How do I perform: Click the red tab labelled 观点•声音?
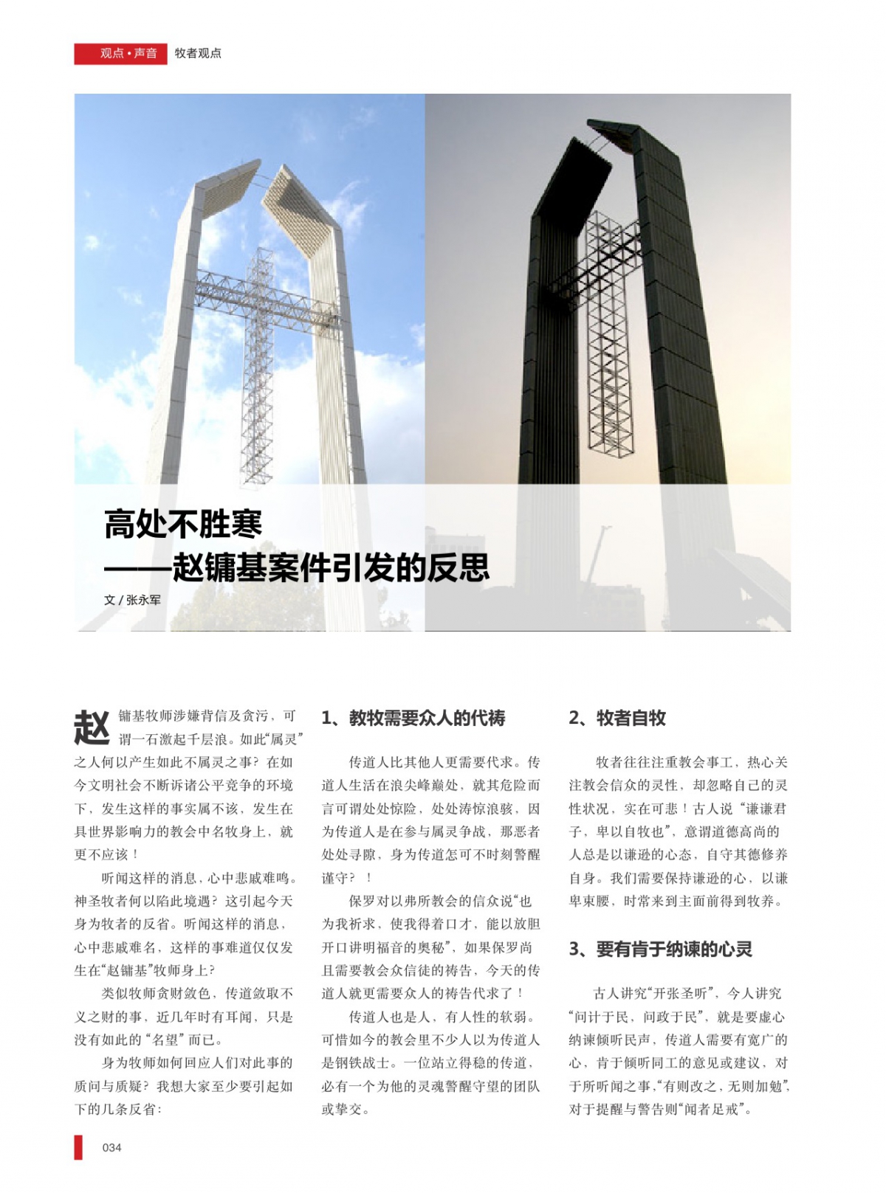pos(121,53)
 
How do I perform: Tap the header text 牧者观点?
pos(198,53)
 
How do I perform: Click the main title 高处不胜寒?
pos(183,525)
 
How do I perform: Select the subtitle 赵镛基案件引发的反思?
pos(330,567)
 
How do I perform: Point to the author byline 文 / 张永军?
pos(132,600)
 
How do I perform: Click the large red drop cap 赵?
pos(92,727)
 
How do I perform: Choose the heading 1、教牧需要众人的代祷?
pos(413,718)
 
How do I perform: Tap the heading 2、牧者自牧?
pos(617,718)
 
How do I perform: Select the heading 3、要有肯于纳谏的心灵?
pos(660,949)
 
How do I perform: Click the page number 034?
pos(111,1147)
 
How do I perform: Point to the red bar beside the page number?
pos(78,1147)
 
